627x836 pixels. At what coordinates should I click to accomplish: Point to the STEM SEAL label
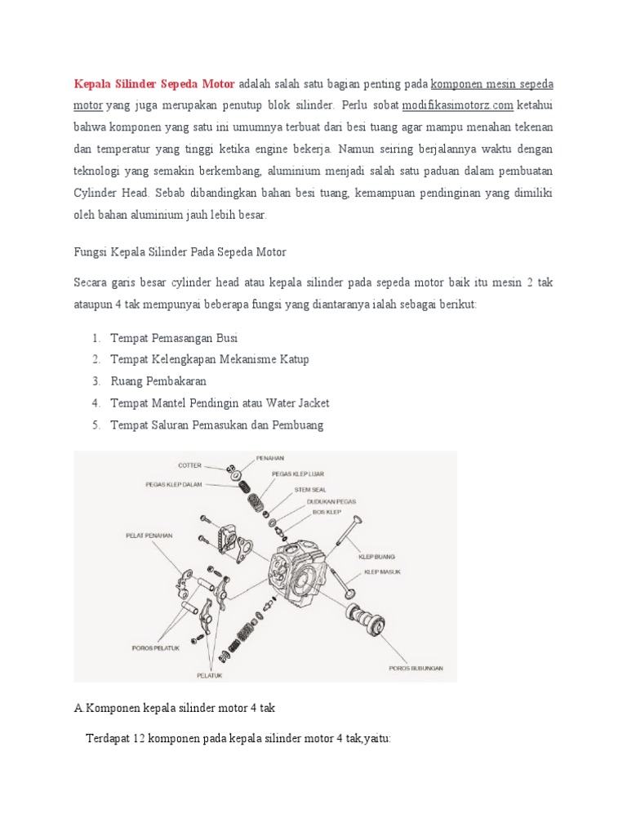click(309, 489)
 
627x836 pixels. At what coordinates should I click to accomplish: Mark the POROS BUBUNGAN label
click(416, 668)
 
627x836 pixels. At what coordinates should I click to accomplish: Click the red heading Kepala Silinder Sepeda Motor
click(154, 84)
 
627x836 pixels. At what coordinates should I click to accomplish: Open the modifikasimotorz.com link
click(457, 105)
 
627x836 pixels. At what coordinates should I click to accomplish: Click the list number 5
click(96, 425)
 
